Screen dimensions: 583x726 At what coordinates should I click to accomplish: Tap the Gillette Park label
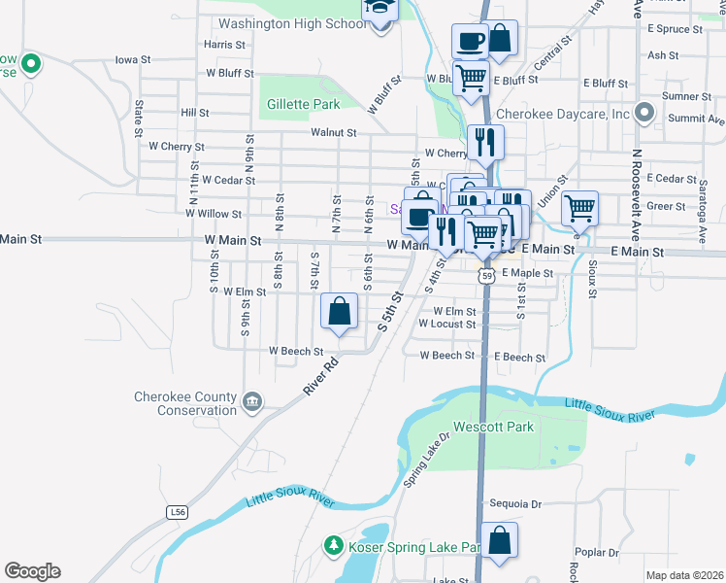tap(302, 104)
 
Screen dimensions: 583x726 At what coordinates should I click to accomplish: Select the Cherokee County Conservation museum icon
tap(252, 401)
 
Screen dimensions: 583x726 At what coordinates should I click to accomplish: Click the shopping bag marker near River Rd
tap(340, 312)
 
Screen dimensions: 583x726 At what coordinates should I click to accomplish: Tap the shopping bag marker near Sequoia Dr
tap(499, 541)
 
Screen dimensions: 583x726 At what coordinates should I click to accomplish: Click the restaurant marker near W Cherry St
tap(482, 142)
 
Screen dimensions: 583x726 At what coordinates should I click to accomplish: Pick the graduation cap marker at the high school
tap(380, 9)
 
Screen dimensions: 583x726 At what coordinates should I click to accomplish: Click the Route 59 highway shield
tap(487, 277)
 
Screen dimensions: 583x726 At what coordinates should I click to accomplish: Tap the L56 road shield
tap(176, 512)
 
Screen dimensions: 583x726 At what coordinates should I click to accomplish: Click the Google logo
tap(32, 571)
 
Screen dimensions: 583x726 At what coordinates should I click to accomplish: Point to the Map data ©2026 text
tap(684, 575)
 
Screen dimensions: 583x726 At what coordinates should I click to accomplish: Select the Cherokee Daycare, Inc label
tap(563, 114)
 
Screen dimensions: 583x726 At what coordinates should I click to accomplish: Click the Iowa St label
tap(133, 59)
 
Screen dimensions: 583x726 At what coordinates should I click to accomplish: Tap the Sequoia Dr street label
tap(515, 504)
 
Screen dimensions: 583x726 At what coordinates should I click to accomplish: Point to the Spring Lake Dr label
tap(427, 460)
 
